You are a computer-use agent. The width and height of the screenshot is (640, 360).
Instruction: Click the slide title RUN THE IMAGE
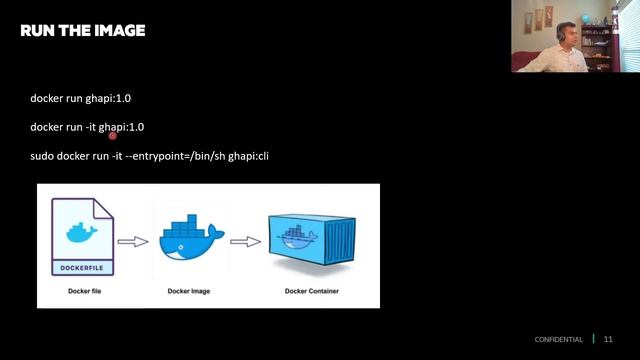(83, 31)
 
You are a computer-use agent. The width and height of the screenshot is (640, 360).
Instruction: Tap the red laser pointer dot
(113, 133)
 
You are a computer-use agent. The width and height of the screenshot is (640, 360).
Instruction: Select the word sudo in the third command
(42, 155)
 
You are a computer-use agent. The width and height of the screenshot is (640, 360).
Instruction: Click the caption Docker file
(81, 290)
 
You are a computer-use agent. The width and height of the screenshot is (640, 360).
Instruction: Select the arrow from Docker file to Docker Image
(132, 241)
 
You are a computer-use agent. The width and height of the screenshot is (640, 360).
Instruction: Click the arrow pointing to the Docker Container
(245, 241)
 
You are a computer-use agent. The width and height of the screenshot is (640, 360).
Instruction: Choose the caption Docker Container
(310, 290)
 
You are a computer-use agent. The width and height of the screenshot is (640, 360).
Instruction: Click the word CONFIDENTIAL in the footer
(558, 340)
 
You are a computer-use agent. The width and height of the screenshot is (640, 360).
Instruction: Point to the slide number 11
(608, 340)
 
